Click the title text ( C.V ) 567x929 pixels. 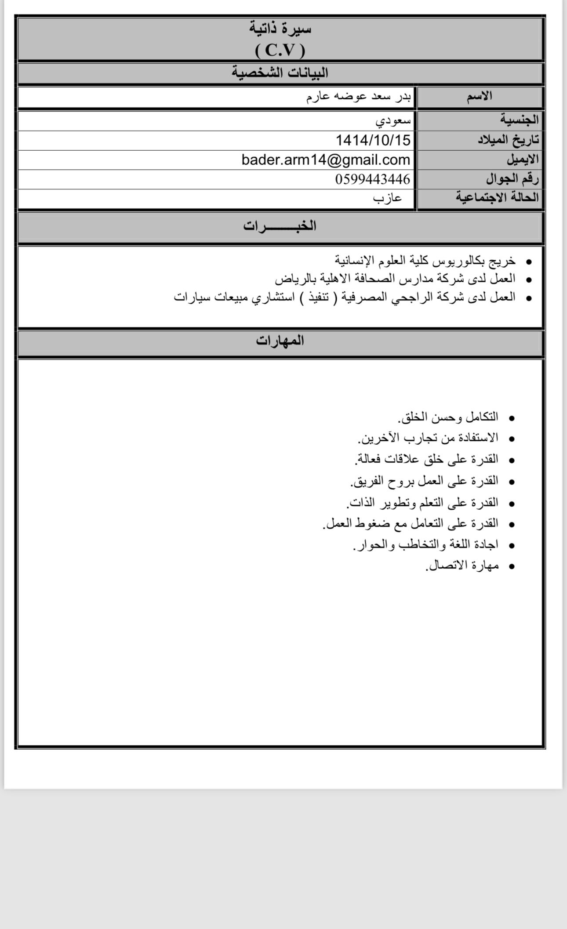click(x=280, y=51)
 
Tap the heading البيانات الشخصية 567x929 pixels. click(x=280, y=73)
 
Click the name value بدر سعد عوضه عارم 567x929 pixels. click(x=358, y=96)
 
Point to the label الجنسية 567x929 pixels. click(x=519, y=120)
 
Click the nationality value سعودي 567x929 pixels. click(x=393, y=120)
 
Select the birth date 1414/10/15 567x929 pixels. click(x=373, y=140)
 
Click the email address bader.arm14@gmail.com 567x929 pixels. click(x=326, y=160)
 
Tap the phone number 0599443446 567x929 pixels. click(x=372, y=179)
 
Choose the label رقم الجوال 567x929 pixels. click(x=512, y=179)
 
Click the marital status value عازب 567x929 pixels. click(x=387, y=198)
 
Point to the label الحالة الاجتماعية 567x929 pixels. click(x=497, y=197)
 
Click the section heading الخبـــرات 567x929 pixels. click(x=280, y=226)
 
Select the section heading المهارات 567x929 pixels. click(x=280, y=341)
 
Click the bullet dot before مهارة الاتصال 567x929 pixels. click(x=511, y=567)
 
